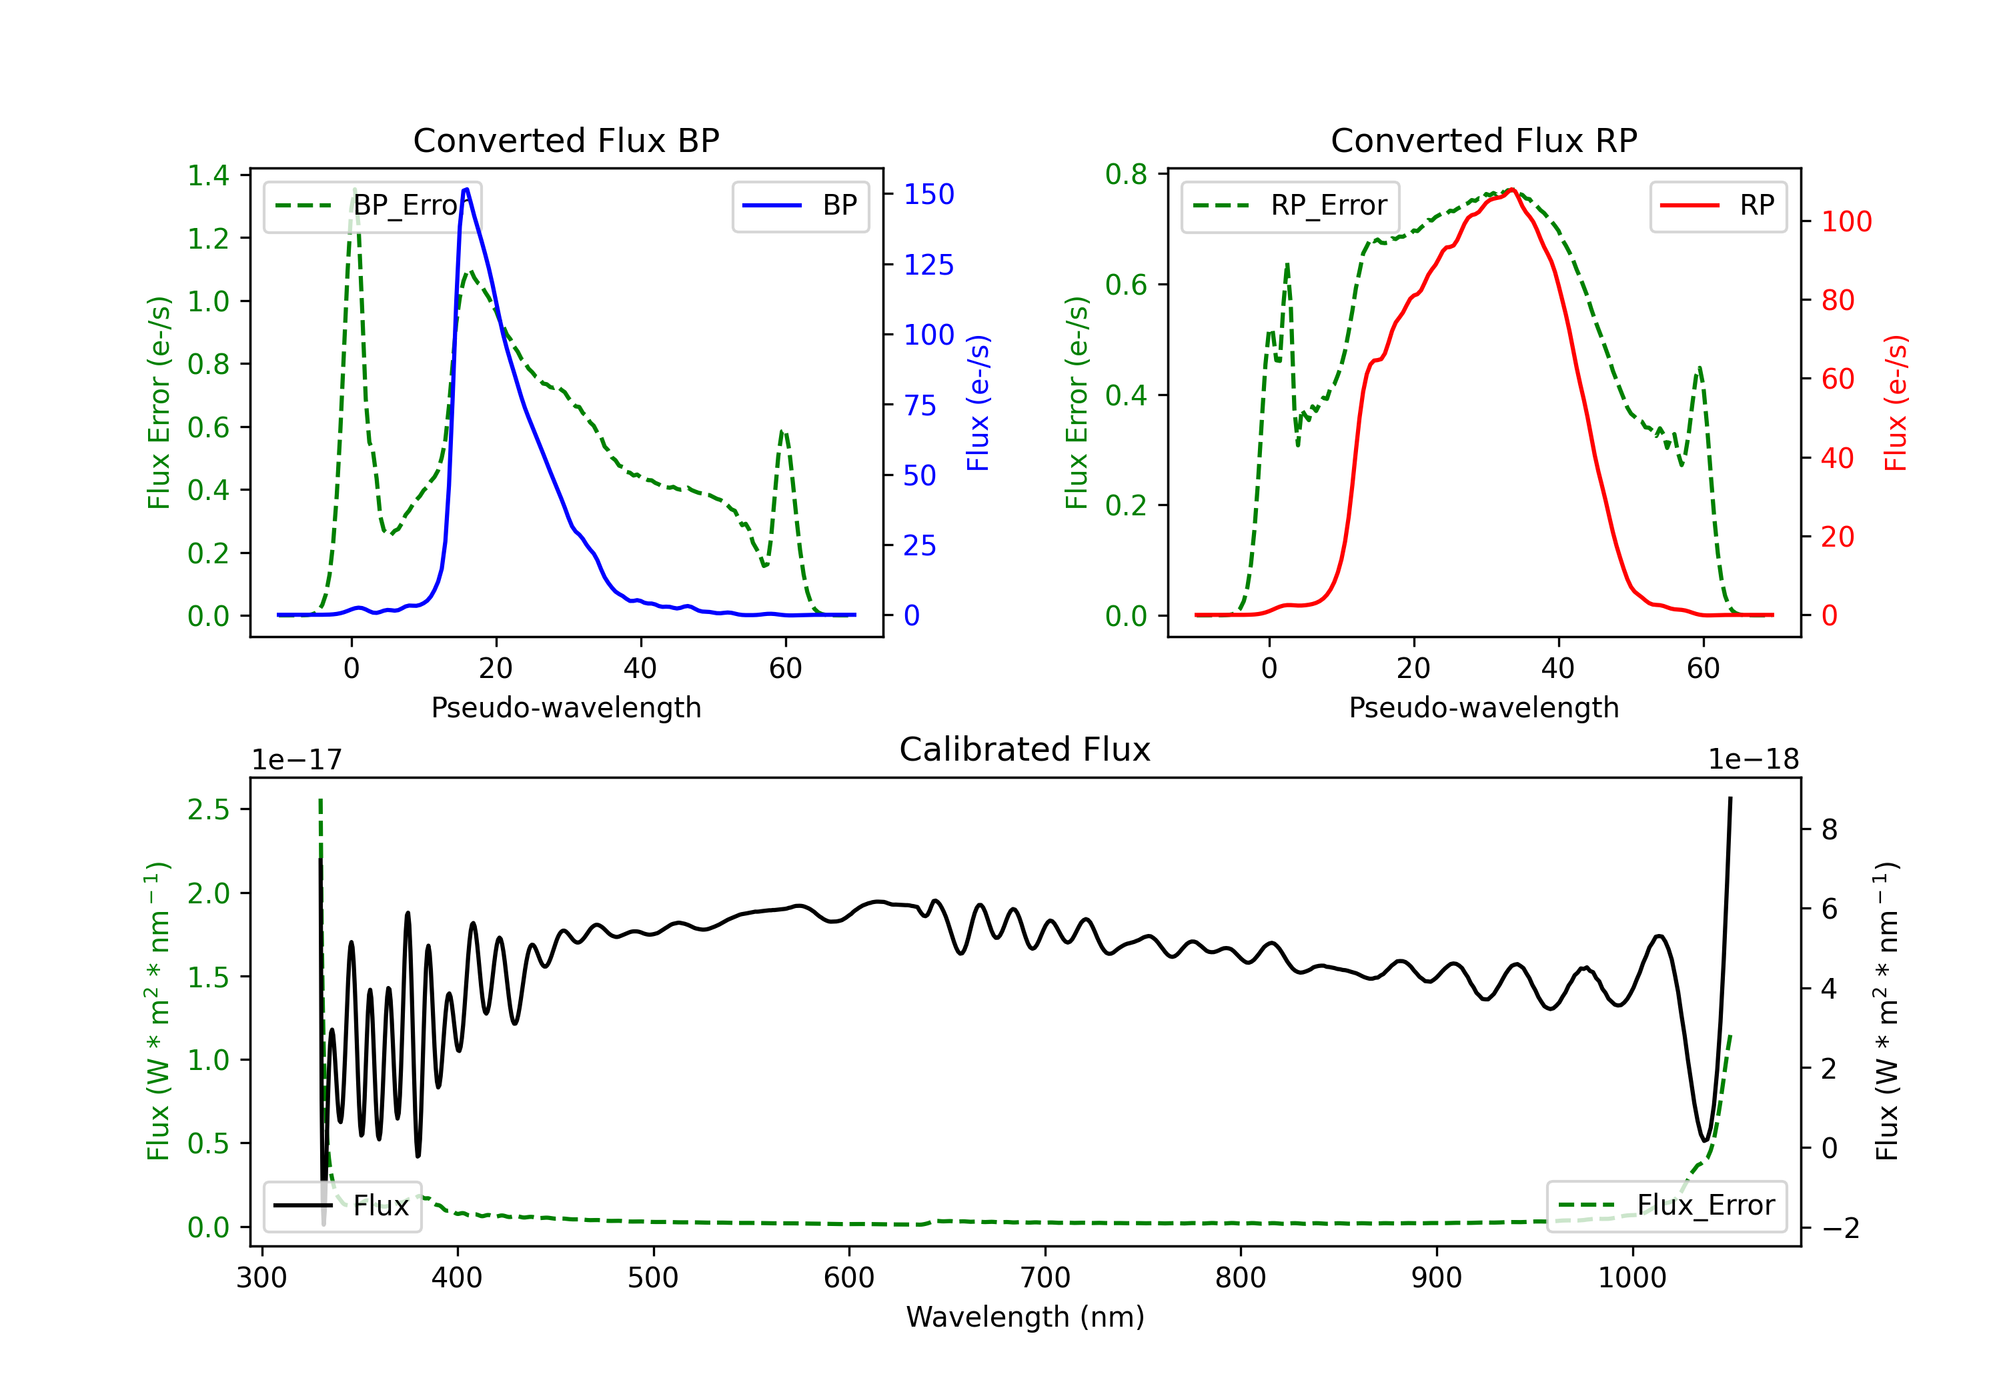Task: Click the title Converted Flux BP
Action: click(x=566, y=140)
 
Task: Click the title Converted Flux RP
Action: click(x=1483, y=140)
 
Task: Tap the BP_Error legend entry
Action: click(x=373, y=205)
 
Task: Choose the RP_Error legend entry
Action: click(x=1290, y=205)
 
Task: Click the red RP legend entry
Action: click(x=1718, y=205)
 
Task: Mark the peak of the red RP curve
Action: click(x=1512, y=189)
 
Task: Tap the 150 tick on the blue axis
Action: click(x=928, y=194)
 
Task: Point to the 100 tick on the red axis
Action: click(x=1846, y=221)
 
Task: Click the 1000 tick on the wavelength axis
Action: click(x=1631, y=1277)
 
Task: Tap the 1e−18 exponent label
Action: click(x=1753, y=760)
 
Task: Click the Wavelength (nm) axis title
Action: click(x=1025, y=1317)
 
